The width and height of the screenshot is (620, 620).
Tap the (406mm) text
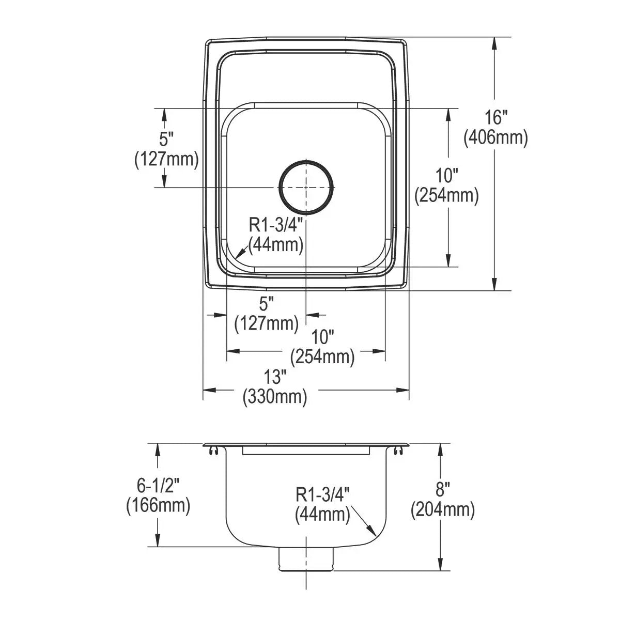coord(496,138)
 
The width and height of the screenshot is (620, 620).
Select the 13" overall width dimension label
coord(275,377)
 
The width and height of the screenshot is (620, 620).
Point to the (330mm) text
coord(275,397)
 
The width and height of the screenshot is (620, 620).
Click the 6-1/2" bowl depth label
coord(158,485)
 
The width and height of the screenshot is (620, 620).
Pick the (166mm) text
coord(158,505)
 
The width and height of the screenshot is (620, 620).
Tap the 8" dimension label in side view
coord(442,489)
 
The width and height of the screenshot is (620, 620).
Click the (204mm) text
coord(443,509)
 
